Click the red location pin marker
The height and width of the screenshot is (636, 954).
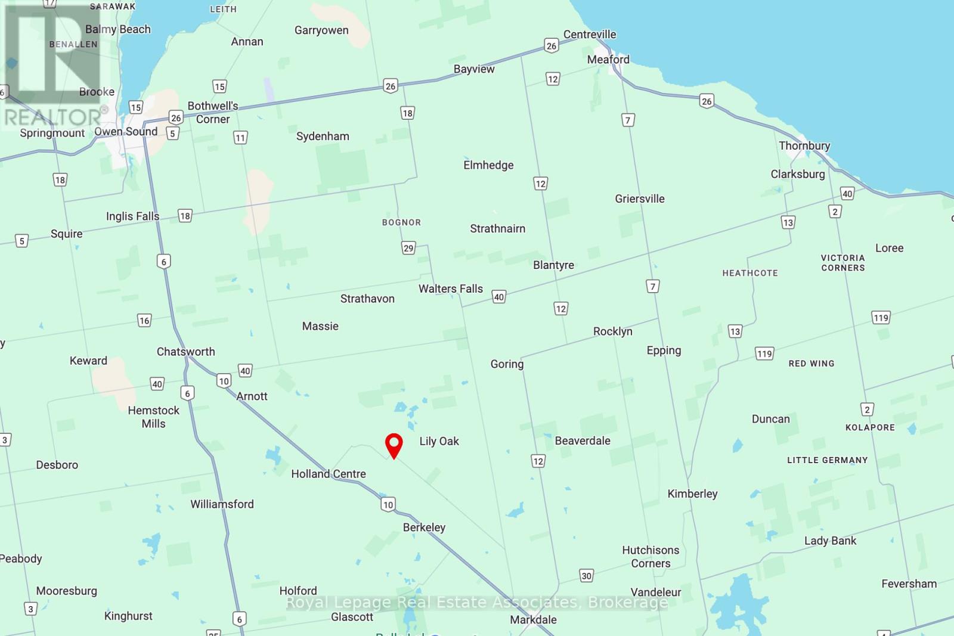pos(394,445)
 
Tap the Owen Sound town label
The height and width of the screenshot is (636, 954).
pos(126,132)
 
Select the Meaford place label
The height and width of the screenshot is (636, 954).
pos(608,60)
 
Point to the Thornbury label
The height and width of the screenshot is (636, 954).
pos(804,146)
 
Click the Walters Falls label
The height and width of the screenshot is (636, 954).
pos(450,289)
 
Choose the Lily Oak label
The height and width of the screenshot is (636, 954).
pos(439,442)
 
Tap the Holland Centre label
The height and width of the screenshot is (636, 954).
pos(328,474)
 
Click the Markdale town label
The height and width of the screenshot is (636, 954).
pos(533,620)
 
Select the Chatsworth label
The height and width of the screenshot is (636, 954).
pos(185,352)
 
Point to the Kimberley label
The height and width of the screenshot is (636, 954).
pos(692,494)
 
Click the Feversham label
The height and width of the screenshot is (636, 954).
pos(909,584)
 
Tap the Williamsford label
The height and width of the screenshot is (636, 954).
pos(222,505)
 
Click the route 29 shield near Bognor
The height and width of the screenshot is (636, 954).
pos(408,248)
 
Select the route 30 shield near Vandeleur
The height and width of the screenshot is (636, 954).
pos(586,576)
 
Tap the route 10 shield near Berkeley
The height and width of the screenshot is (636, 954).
pos(388,505)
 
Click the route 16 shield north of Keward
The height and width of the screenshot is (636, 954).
pos(144,321)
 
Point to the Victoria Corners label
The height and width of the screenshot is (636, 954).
pos(843,263)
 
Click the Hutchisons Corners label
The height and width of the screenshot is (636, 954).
pos(651,557)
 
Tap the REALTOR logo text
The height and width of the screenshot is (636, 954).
pos(54,117)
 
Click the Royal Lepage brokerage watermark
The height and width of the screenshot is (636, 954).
pos(477,603)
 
